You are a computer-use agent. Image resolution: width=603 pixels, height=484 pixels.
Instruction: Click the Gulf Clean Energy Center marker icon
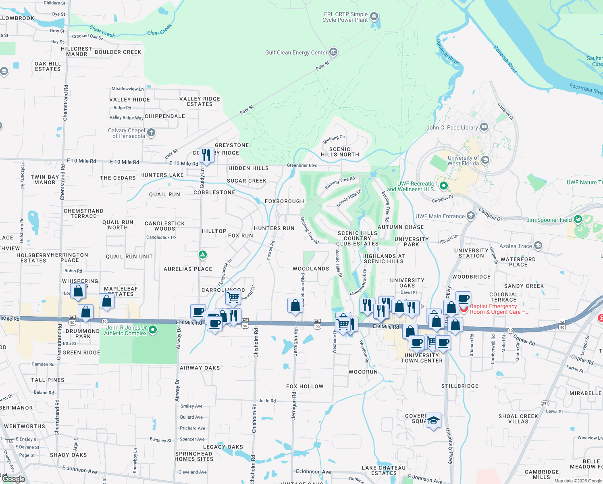point(333,52)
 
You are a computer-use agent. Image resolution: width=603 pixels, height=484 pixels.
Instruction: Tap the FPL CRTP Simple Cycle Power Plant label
point(345,17)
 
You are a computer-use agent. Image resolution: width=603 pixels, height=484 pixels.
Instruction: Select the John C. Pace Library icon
point(484,127)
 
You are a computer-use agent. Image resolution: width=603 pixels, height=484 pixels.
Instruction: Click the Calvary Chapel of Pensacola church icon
point(151,132)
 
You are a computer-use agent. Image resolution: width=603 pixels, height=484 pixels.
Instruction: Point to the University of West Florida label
point(463,161)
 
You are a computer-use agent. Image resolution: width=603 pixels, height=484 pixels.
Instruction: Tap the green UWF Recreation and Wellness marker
point(444,186)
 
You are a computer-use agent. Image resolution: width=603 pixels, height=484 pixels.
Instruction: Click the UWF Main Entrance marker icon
point(470,216)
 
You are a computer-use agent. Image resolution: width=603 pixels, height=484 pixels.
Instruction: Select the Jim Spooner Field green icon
point(578,219)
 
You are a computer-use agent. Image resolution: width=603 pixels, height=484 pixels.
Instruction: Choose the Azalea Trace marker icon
point(538,246)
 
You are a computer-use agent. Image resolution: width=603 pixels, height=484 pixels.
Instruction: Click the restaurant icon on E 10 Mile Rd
point(206,155)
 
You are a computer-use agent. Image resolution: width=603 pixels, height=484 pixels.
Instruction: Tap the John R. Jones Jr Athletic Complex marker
point(153,330)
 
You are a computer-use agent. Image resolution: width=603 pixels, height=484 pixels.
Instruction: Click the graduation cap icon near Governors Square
point(433,420)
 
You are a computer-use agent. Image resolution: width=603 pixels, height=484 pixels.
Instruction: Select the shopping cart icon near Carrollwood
point(233,298)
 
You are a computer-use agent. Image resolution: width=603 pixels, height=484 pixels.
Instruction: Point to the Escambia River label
point(586,88)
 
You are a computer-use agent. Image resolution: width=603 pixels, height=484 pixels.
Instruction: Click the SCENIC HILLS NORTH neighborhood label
point(340,152)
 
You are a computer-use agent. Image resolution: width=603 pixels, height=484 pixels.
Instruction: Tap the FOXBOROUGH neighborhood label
point(285,201)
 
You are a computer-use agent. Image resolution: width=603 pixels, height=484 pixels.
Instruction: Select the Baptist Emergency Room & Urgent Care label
point(499,309)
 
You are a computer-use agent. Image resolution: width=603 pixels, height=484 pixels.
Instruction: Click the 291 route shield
point(545,403)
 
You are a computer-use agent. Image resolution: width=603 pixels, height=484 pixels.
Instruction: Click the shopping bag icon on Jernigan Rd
point(295,305)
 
